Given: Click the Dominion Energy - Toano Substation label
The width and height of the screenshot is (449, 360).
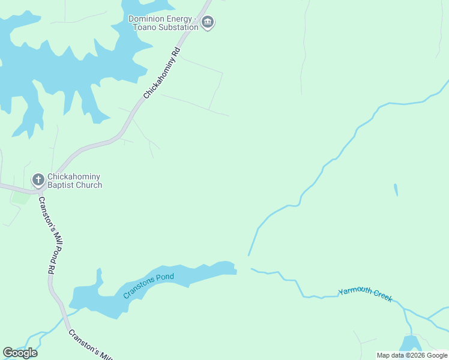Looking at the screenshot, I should coord(163,23).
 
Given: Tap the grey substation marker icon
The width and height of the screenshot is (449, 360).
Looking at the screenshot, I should coord(208,23).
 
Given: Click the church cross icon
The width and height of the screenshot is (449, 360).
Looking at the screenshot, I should coord(38,179).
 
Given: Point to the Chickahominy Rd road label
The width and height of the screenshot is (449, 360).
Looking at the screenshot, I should coord(162,73).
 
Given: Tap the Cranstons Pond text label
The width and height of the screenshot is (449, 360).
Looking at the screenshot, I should coord(148,286).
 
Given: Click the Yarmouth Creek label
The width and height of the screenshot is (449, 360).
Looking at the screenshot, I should coord(365,295).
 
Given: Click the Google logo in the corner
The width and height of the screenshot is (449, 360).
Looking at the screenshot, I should coord(20,353).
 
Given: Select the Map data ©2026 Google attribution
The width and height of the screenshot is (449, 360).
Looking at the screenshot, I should coord(412,355).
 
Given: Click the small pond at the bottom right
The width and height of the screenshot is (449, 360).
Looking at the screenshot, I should coord(410,343).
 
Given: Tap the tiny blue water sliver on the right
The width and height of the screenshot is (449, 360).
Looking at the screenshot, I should coord(396,190).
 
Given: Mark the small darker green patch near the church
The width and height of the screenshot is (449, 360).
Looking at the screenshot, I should coord(20,197).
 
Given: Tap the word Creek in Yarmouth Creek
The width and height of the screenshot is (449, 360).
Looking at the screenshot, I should coord(381,296).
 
